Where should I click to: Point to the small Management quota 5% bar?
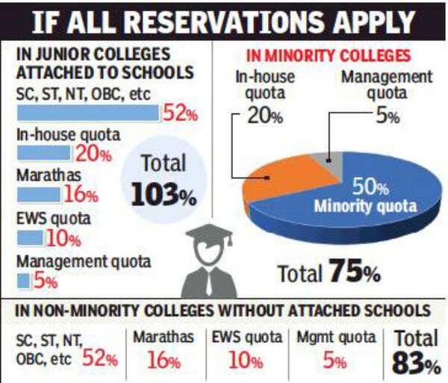tap(22, 280)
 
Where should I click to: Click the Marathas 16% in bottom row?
tap(164, 361)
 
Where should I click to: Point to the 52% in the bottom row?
tap(100, 358)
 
